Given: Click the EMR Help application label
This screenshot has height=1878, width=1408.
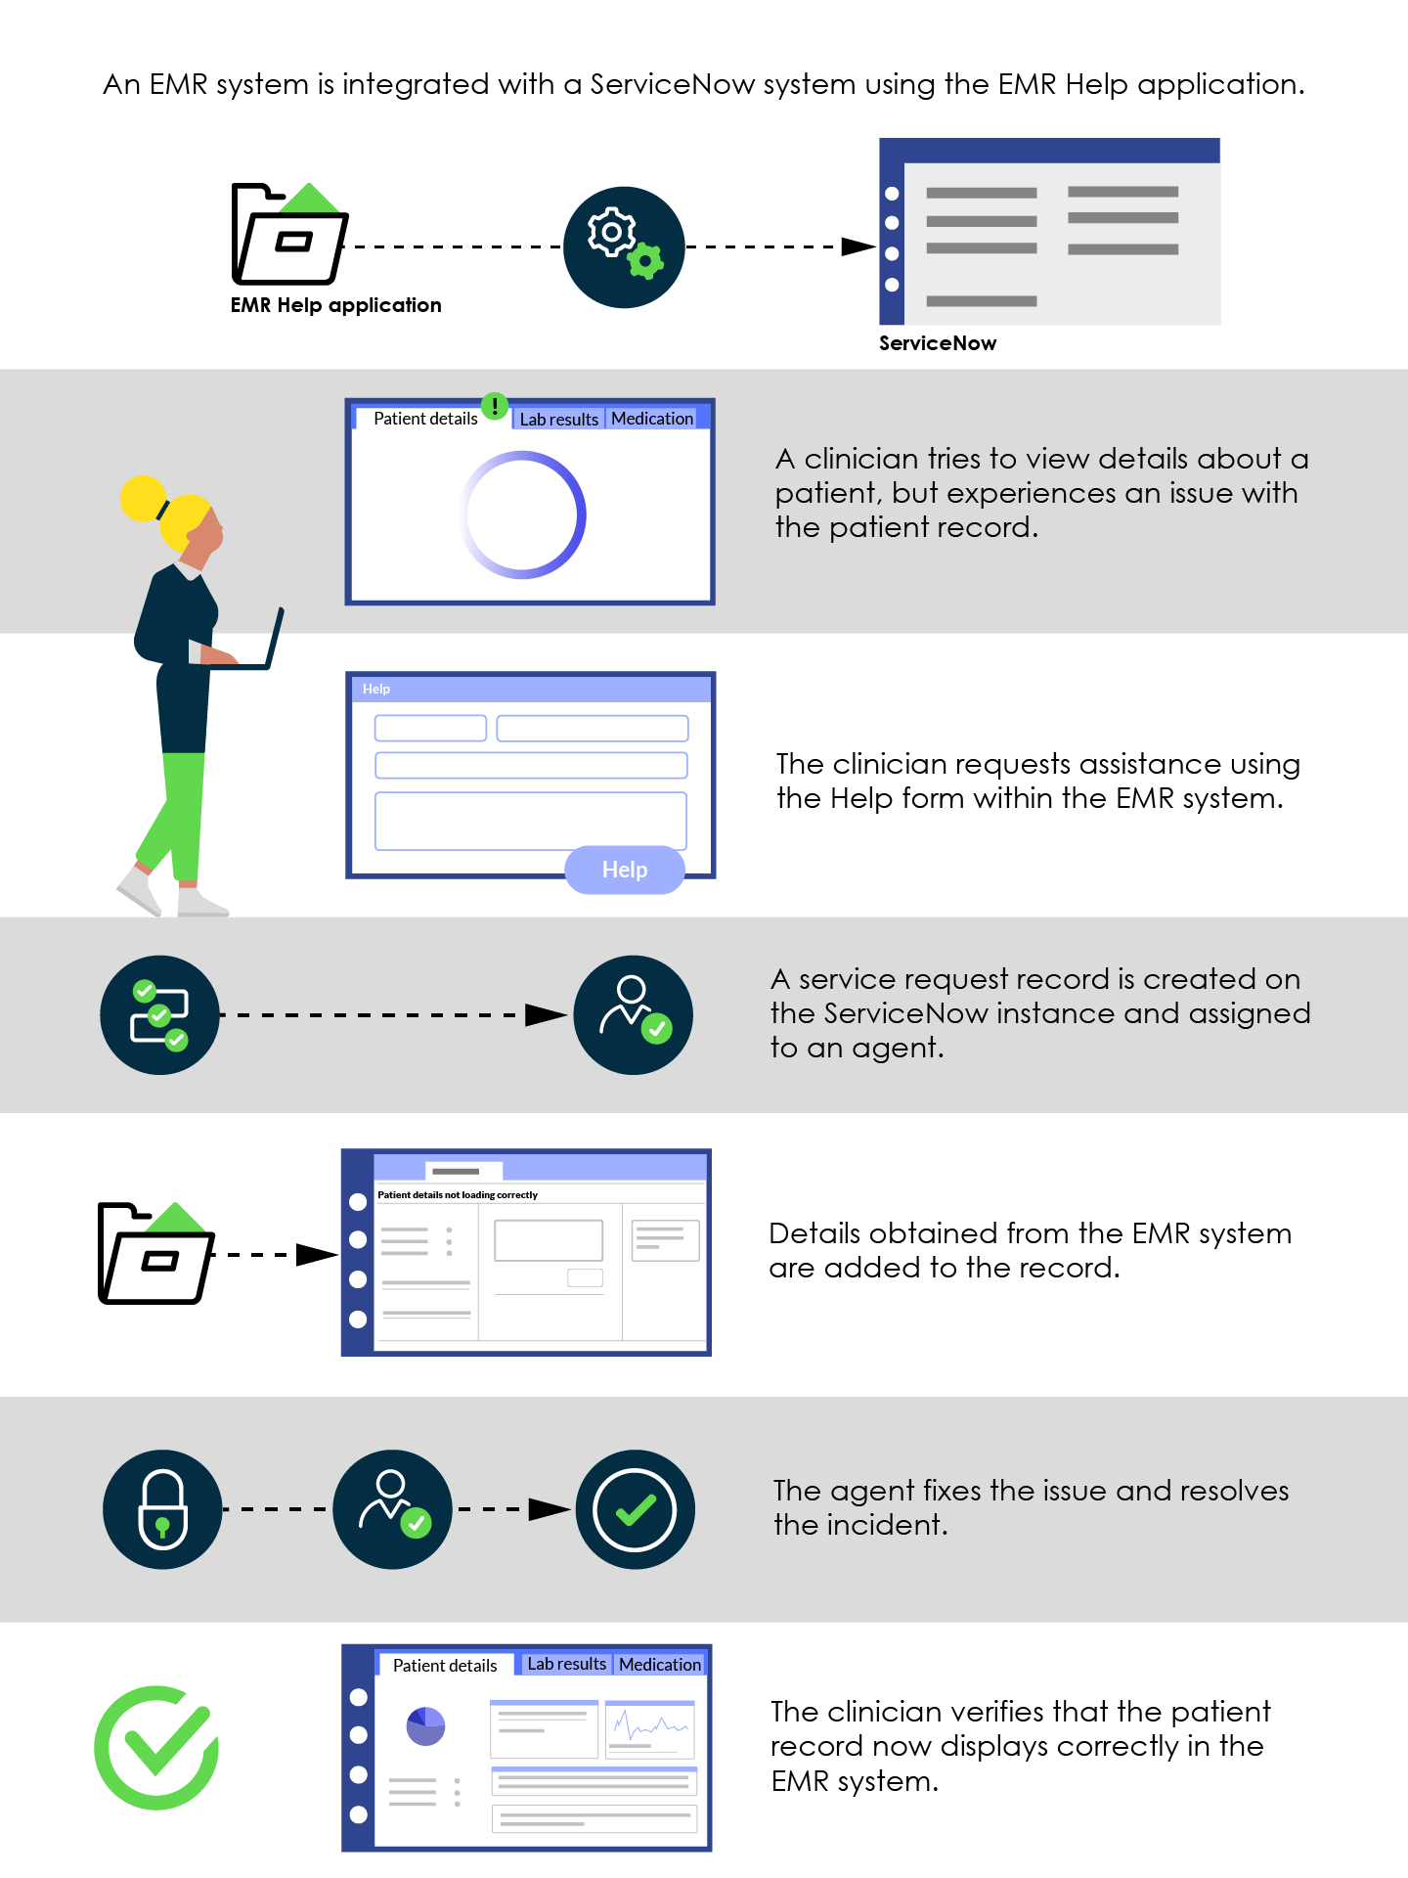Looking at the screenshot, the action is pos(335,305).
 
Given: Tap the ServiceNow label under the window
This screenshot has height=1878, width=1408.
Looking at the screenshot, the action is pos(938,343).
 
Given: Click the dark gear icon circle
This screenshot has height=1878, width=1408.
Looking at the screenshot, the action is pos(624,247).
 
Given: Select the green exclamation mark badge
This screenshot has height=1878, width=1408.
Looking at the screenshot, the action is pos(495,405).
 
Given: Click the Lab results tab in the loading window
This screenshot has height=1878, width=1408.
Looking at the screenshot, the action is pos(558,419).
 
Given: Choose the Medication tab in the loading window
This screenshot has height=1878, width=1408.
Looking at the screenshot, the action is pos(652,419).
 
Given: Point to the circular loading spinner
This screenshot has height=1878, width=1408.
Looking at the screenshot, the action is pos(523,514).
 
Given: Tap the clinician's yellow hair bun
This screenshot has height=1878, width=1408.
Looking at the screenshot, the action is pos(143,499).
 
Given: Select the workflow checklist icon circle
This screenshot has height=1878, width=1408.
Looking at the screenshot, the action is pos(159,1015).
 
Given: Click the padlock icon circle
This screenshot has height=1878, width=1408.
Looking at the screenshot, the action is pos(162,1509).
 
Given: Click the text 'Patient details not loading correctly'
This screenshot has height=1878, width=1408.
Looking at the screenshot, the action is pos(458,1194).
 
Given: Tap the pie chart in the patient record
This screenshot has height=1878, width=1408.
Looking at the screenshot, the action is pos(425,1726).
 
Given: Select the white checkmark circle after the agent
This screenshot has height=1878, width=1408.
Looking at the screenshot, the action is pos(635,1509).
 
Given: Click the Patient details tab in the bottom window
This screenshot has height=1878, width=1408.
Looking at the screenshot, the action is pos(445,1665).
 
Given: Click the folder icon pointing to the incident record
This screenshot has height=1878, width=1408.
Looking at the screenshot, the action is pos(156,1253).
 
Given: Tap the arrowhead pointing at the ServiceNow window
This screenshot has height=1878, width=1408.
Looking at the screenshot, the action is pos(858,246).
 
